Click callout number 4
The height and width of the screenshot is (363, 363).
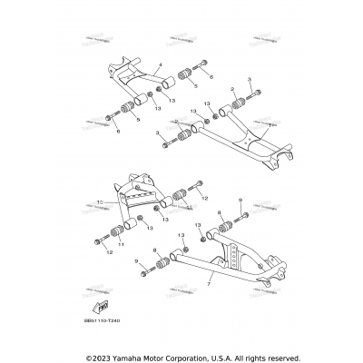[x=159, y=65]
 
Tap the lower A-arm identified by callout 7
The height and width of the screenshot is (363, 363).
[x=209, y=268]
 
